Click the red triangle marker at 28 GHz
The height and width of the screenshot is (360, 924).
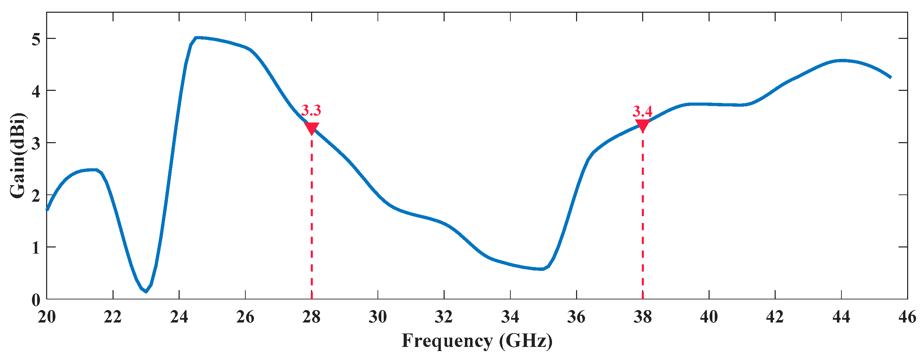(311, 128)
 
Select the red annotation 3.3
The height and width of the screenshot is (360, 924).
(311, 110)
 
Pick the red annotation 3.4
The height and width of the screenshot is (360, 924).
(642, 112)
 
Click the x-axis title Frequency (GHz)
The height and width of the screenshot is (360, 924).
(477, 341)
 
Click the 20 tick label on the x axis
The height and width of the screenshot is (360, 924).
(47, 317)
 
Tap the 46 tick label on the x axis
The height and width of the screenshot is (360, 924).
(907, 317)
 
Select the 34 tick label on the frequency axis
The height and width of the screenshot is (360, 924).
(510, 317)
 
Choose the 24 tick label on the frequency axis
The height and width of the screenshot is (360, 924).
(179, 317)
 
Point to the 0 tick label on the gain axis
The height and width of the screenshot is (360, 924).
(35, 300)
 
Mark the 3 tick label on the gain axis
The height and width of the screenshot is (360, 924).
(35, 143)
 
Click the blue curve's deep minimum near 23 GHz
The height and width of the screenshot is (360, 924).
(146, 292)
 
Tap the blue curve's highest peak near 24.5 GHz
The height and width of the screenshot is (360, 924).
(196, 37)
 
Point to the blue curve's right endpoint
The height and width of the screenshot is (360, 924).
(891, 77)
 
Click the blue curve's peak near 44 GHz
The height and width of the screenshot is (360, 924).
(841, 61)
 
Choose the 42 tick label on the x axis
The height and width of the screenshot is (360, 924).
(775, 317)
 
